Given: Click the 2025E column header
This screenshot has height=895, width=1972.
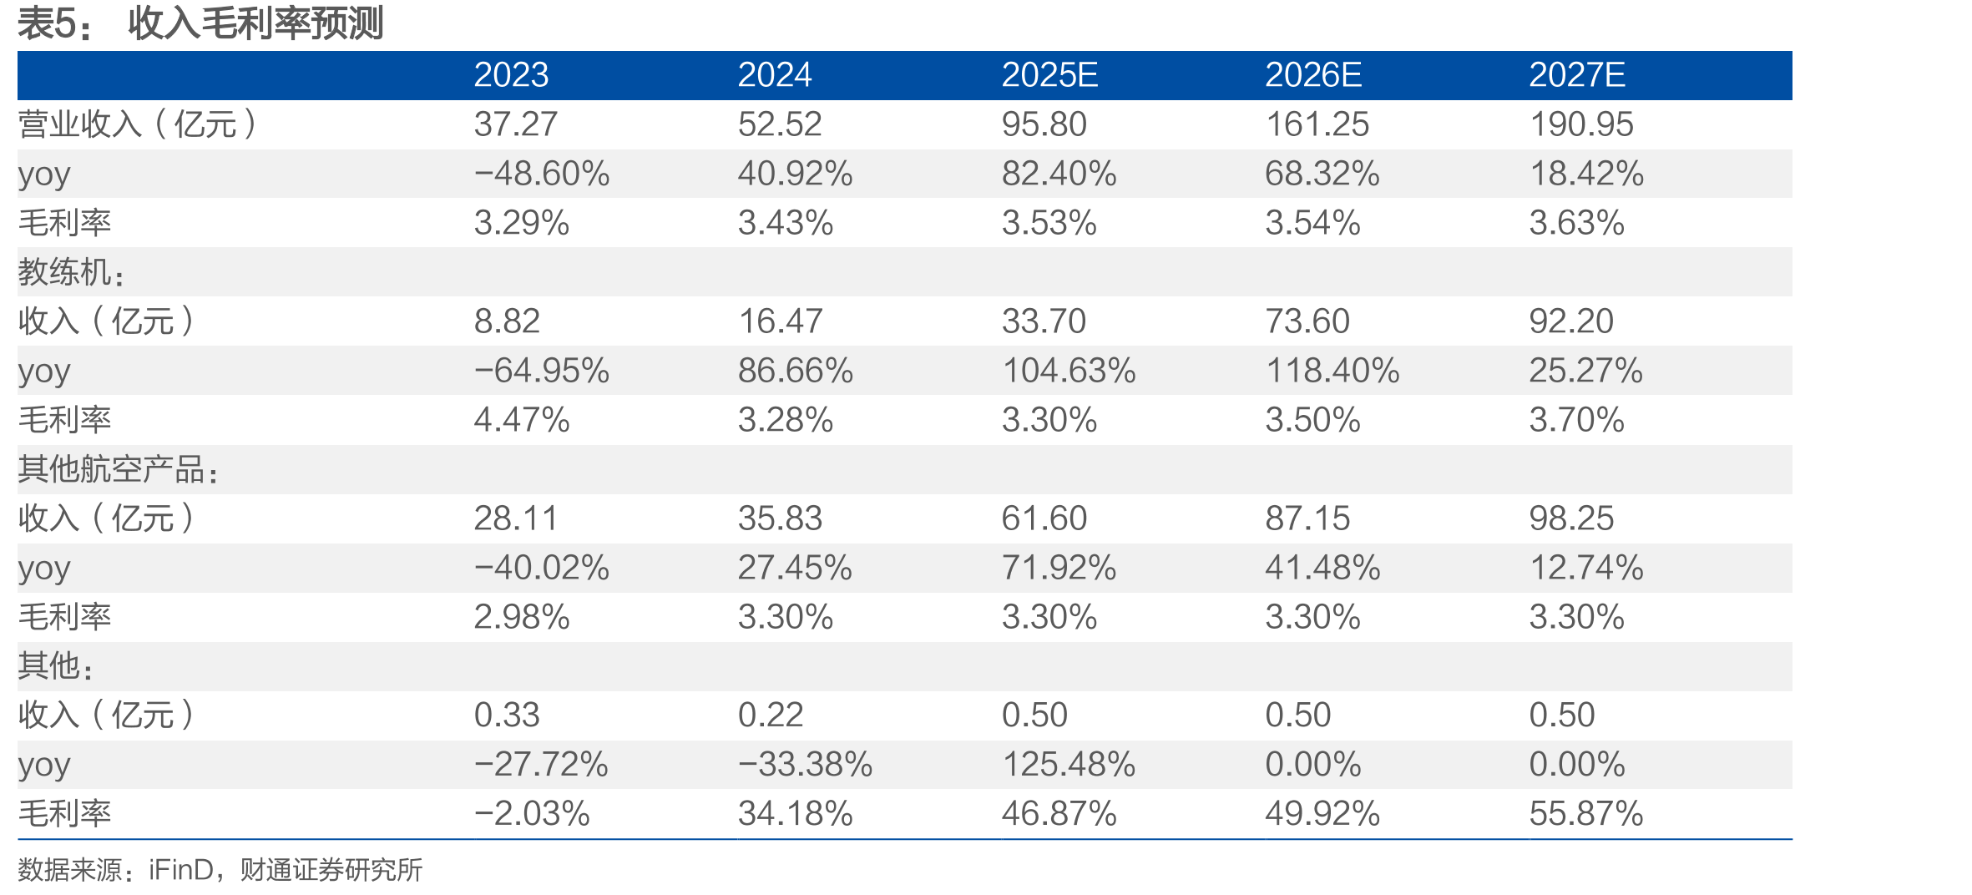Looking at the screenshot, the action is [x=1049, y=75].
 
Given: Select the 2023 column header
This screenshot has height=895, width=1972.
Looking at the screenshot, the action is [x=511, y=75].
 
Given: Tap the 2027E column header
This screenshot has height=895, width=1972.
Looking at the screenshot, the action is [x=1577, y=75].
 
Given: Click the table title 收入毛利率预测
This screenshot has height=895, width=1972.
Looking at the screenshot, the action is [x=255, y=23].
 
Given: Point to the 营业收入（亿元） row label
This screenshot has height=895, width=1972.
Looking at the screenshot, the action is [x=138, y=124].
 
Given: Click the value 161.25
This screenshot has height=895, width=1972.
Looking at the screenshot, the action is [x=1317, y=124].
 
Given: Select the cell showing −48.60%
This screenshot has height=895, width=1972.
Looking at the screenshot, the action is [x=542, y=174].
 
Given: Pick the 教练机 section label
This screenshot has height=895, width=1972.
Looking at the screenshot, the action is [x=72, y=272].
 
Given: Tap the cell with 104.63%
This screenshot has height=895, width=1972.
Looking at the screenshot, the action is [x=1069, y=371].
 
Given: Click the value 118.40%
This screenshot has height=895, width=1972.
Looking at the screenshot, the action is [x=1332, y=371].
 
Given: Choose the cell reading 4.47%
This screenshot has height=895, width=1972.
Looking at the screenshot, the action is [x=522, y=420].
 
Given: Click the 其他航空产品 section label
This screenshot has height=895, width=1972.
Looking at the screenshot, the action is [x=119, y=469].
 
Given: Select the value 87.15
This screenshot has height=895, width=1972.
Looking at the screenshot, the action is [x=1307, y=518].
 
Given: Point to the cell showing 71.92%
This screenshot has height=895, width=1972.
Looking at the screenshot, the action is [x=1059, y=568].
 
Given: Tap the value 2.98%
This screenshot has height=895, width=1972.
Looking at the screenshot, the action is [x=522, y=617].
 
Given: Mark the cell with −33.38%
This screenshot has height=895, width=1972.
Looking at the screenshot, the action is [x=806, y=764].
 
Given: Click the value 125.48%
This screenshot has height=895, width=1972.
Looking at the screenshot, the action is [x=1069, y=764].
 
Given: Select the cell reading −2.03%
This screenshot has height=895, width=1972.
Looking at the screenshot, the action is [x=532, y=813].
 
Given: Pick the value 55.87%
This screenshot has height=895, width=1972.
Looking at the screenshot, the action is [x=1586, y=813].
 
